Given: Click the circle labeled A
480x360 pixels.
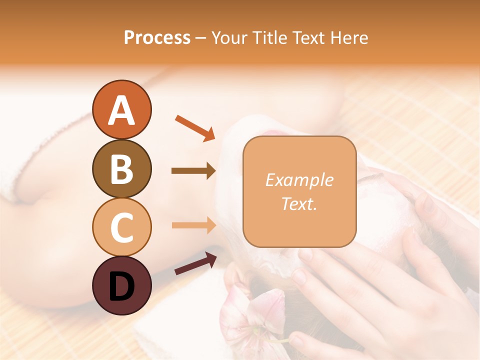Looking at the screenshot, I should [x=122, y=109].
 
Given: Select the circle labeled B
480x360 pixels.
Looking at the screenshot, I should [x=122, y=168].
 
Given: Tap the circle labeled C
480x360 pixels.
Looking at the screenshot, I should [x=122, y=227].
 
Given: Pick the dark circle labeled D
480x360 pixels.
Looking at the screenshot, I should [x=122, y=285].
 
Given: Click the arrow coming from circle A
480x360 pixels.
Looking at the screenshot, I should [x=195, y=127].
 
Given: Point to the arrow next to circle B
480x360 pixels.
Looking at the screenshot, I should [x=193, y=171].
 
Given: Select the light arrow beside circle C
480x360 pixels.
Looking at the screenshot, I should [x=193, y=225].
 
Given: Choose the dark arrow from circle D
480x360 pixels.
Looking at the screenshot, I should [x=195, y=263].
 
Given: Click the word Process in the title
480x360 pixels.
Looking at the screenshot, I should [x=157, y=37].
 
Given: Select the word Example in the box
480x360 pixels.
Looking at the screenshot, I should [x=299, y=180].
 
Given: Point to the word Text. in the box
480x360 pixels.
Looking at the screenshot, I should [x=299, y=203].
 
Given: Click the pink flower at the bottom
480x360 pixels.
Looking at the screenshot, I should [x=250, y=320].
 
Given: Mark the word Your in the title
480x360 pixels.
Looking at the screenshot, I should [x=228, y=37].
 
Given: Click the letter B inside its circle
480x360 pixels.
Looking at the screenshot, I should [x=122, y=168].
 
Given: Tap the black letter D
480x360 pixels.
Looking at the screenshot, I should [x=122, y=285].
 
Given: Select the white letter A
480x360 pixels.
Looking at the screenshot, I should [x=122, y=110].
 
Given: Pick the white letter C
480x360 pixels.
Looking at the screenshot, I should [x=122, y=227].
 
